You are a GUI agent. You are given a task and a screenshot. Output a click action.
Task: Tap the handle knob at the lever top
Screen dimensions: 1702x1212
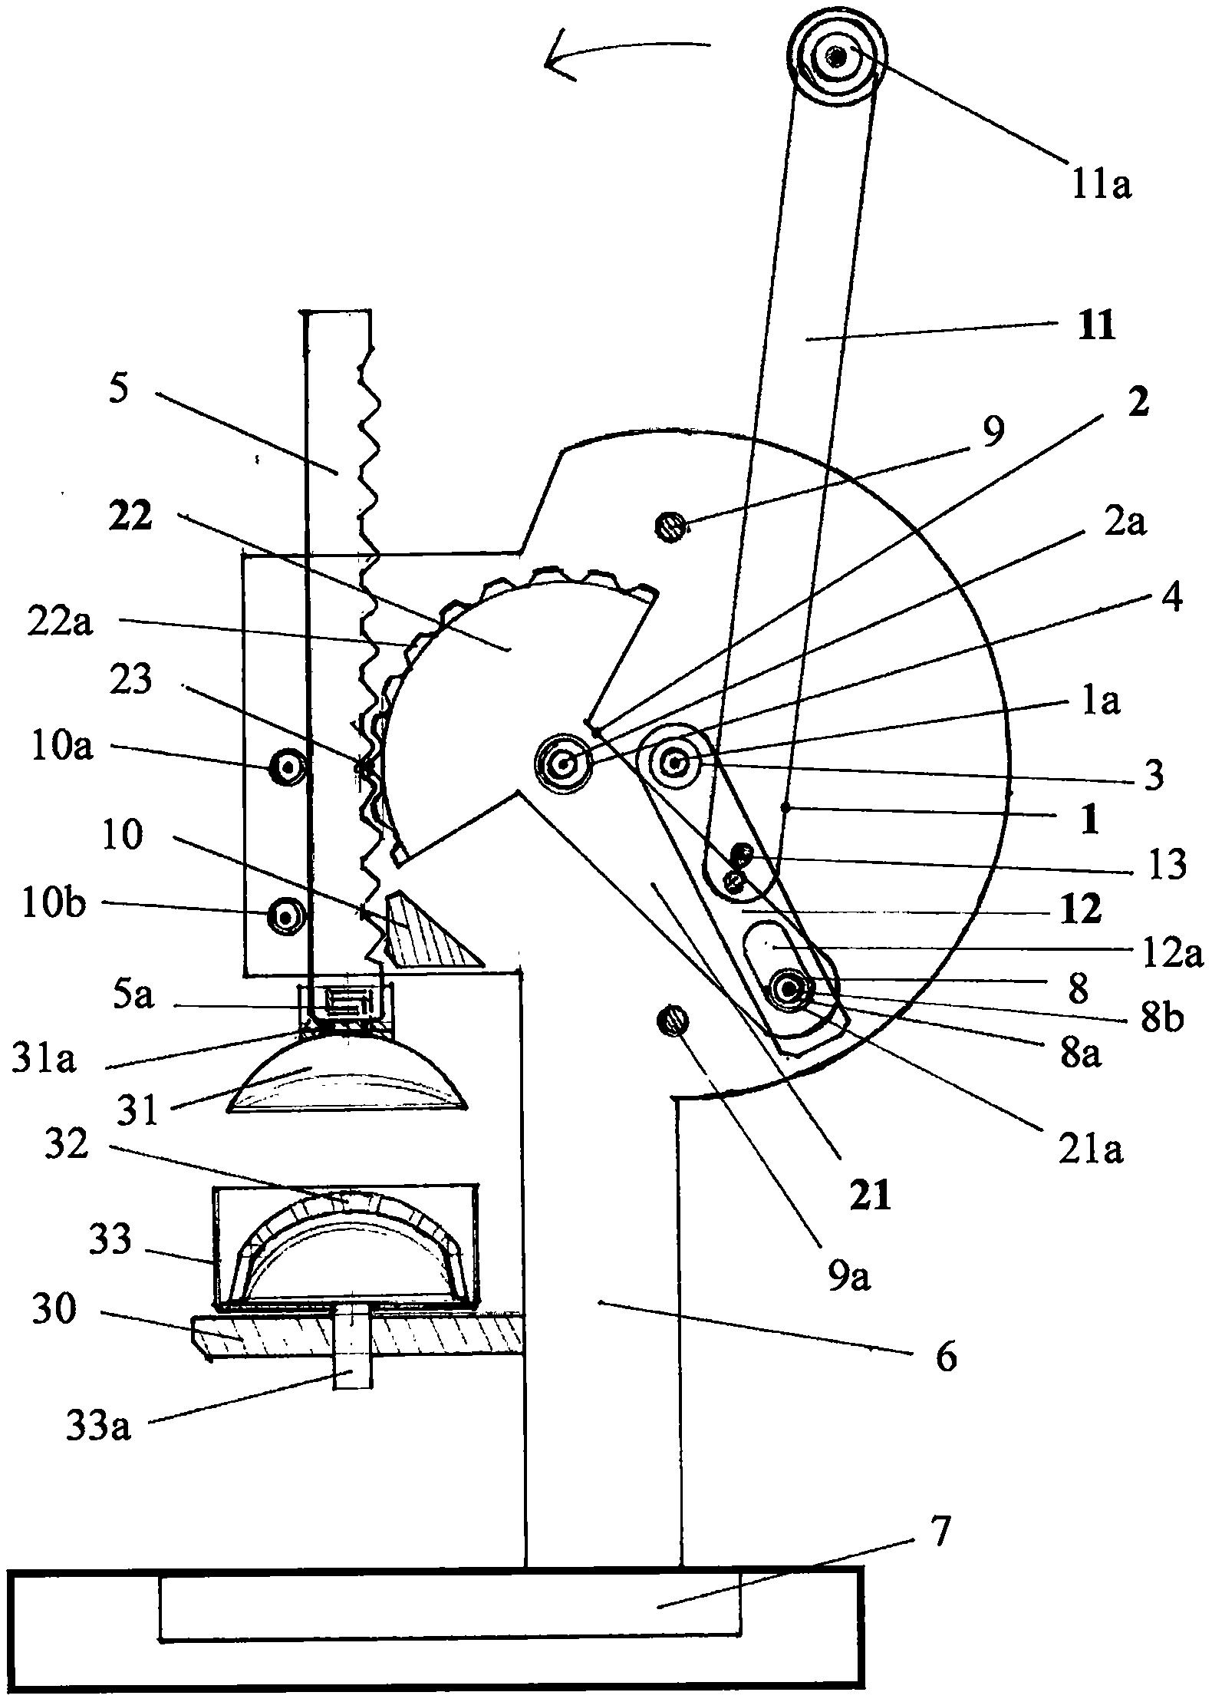[x=836, y=57]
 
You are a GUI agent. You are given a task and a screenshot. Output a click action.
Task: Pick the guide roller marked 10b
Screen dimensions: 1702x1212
[x=286, y=915]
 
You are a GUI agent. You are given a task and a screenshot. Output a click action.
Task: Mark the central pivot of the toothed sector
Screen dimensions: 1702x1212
[x=564, y=764]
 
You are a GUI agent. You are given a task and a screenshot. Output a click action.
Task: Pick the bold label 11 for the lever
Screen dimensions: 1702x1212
[x=1095, y=326]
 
